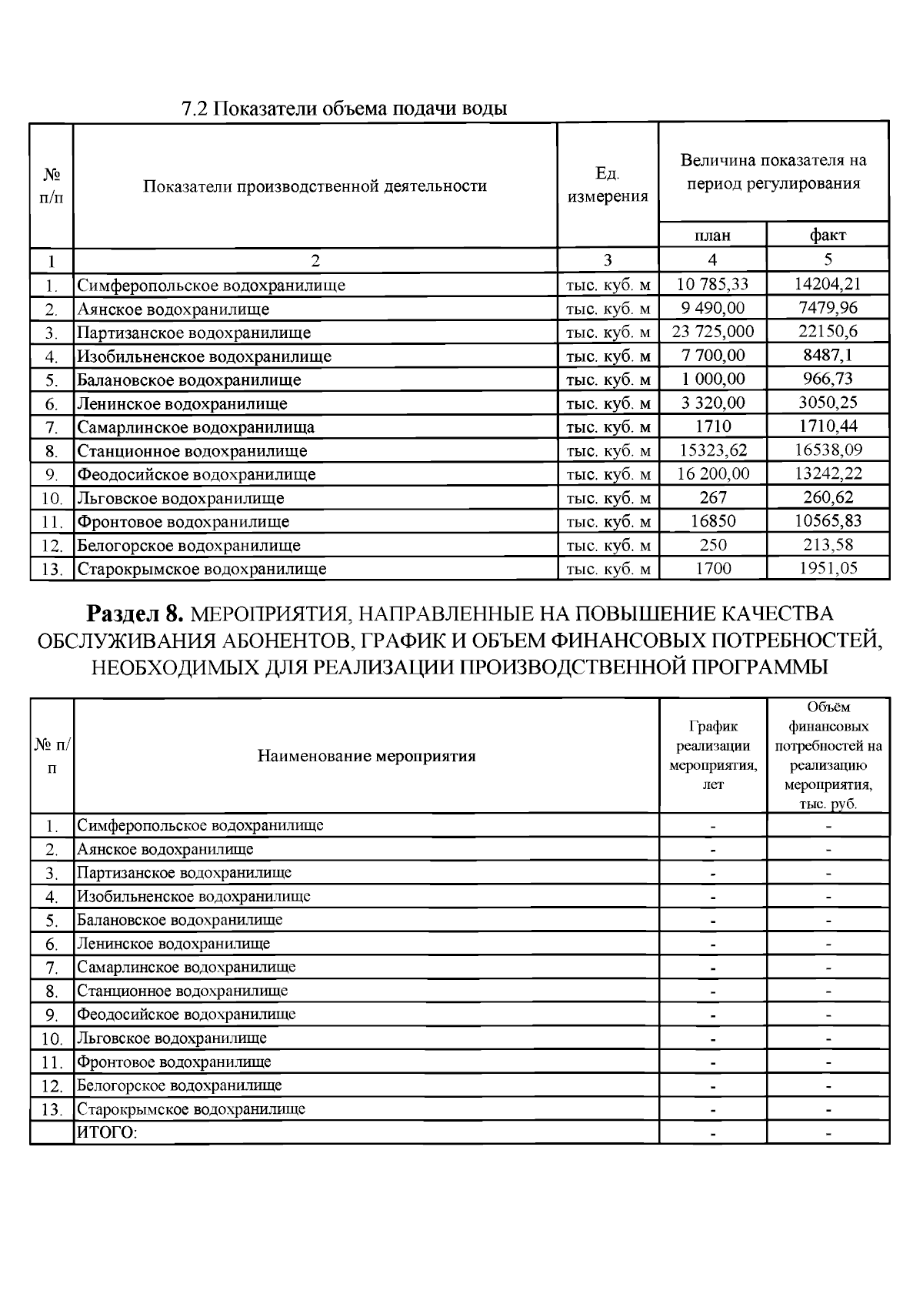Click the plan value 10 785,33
[712, 284]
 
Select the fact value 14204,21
[828, 284]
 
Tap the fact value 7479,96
[828, 308]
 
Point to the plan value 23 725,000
[712, 332]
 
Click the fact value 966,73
[828, 379]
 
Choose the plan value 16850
[712, 521]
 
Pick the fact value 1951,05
[828, 568]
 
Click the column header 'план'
[712, 235]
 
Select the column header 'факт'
[828, 235]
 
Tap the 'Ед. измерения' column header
[608, 185]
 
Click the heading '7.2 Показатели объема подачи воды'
[344, 108]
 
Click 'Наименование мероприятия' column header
[366, 755]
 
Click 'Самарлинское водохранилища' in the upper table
[195, 426]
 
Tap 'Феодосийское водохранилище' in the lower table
[186, 1014]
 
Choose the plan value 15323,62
[712, 450]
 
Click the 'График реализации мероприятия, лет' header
[713, 755]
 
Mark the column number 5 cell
[828, 259]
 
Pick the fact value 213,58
[828, 545]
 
